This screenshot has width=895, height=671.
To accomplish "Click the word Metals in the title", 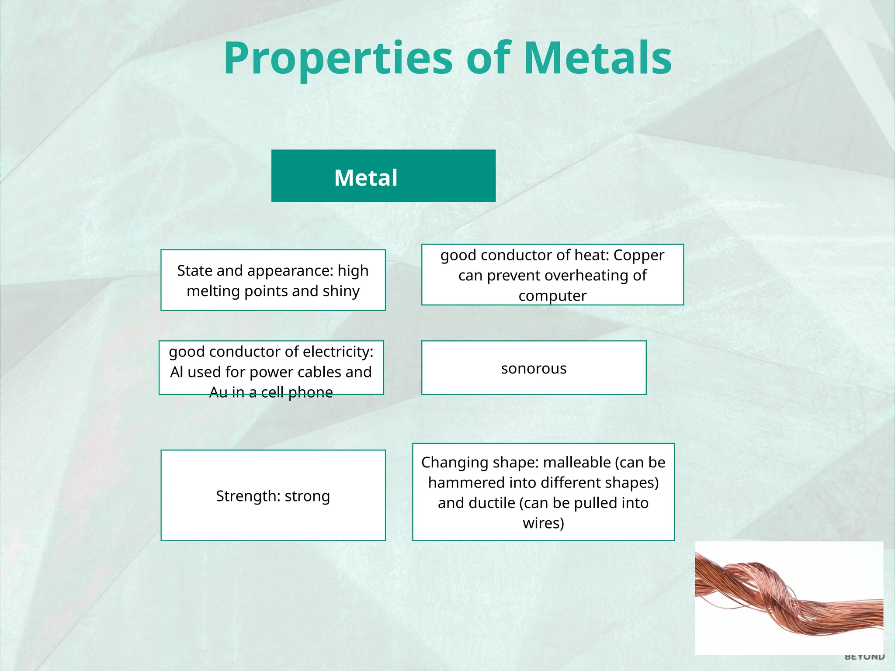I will (597, 59).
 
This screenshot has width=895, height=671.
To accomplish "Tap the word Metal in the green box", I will (366, 178).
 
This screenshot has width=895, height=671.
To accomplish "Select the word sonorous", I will (534, 369).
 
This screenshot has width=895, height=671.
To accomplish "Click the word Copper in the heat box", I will (638, 255).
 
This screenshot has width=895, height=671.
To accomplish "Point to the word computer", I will (552, 296).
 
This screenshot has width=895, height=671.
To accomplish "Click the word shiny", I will (341, 291).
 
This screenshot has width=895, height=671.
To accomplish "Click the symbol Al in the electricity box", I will (177, 372).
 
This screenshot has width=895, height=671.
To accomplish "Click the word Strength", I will (248, 496).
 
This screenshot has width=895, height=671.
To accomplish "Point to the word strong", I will (307, 496).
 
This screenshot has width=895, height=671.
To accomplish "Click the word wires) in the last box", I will (543, 523).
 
